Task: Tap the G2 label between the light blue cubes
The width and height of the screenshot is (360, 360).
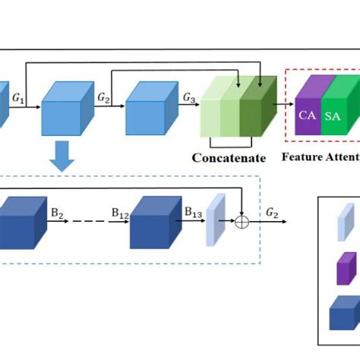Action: pyautogui.click(x=103, y=98)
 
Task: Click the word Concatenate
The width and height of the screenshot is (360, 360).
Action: pyautogui.click(x=229, y=158)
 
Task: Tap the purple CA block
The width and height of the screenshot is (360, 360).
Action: pyautogui.click(x=308, y=112)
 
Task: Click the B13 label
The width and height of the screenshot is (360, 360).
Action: pyautogui.click(x=194, y=213)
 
